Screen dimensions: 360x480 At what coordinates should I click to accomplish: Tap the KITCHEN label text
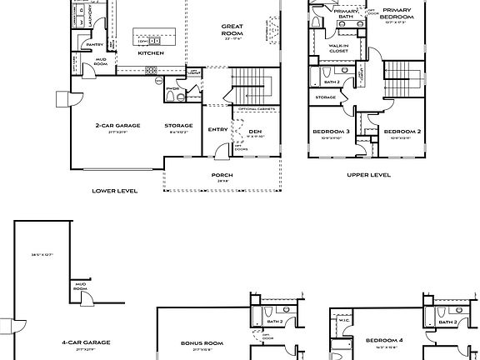point(151,53)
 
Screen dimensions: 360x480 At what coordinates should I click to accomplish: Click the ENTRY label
point(218,130)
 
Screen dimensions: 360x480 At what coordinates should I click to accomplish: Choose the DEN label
point(255,131)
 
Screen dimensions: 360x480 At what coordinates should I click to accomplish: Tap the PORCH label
point(222,175)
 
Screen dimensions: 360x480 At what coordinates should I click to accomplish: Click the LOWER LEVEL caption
point(114,190)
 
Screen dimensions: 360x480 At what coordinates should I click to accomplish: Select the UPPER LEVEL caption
point(367,175)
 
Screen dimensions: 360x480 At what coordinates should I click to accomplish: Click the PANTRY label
point(94,45)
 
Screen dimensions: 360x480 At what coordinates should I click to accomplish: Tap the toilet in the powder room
point(170,97)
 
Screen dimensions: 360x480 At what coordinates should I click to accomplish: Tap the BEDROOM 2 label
point(401,132)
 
